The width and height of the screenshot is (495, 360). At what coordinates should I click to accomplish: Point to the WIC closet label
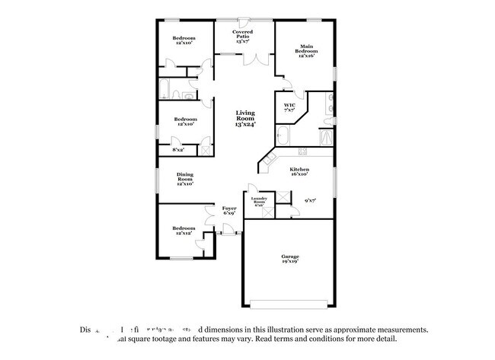point(289,108)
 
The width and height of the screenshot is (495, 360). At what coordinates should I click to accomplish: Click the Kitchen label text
point(299,172)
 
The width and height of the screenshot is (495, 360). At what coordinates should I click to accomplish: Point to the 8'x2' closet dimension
point(179,150)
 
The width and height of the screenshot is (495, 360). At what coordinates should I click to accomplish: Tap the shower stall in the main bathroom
point(326,137)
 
